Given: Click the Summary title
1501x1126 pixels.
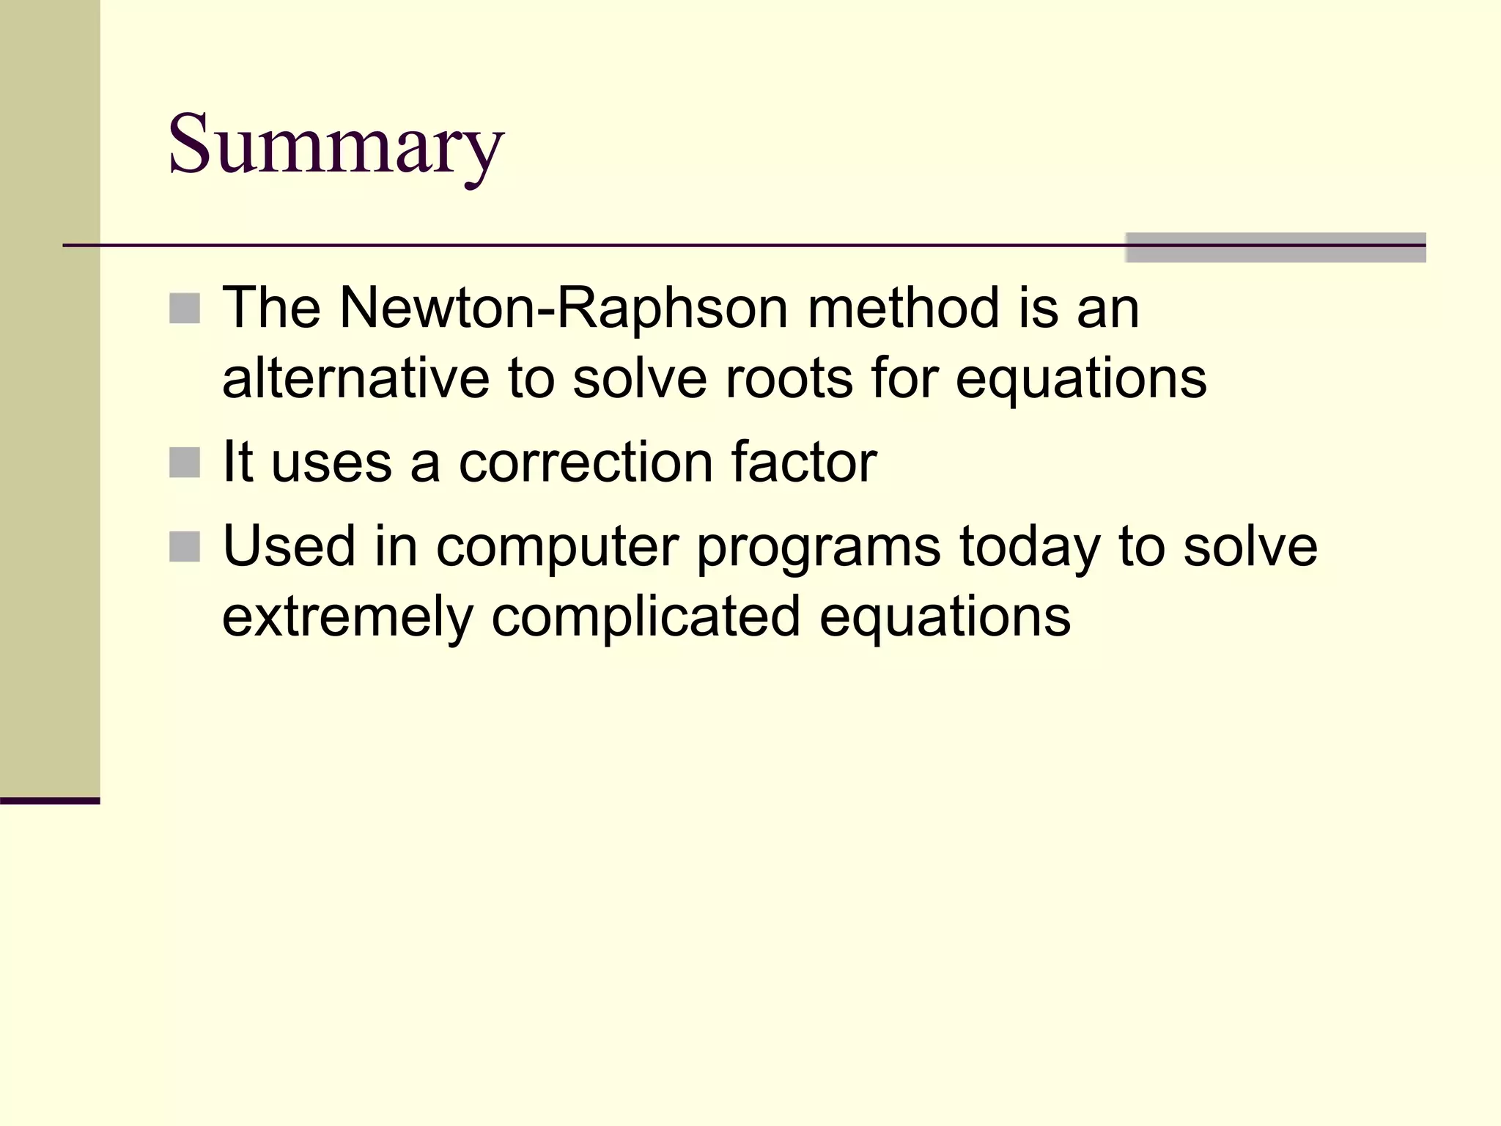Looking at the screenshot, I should (x=336, y=144).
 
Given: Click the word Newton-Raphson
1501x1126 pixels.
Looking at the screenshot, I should (x=563, y=308).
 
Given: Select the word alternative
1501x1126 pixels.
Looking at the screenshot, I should (x=355, y=379).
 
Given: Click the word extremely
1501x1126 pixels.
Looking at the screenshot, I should (x=347, y=617).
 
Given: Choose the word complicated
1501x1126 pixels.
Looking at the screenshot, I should (x=645, y=617).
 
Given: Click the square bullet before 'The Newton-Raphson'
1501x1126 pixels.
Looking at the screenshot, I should (x=185, y=309).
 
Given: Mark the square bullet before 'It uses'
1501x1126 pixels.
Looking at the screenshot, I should (x=185, y=463).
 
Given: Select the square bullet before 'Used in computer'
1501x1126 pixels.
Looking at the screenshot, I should (x=185, y=547).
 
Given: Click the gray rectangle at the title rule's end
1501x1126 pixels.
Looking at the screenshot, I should (x=1275, y=248).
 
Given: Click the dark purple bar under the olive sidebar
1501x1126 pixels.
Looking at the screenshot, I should (x=50, y=801).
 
